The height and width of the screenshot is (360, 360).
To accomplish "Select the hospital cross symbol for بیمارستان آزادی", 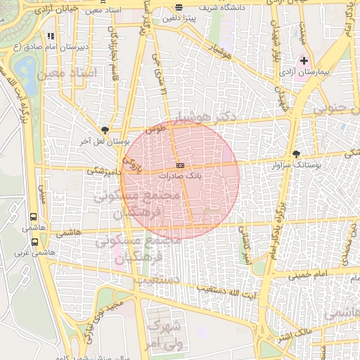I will [304, 61].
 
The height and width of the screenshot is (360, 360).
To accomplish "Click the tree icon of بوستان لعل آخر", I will [105, 129].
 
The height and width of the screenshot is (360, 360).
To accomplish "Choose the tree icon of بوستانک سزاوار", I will [296, 154].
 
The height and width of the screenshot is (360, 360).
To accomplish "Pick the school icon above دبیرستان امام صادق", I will [50, 36].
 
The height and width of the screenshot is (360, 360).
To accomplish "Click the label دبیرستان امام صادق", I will [44, 47].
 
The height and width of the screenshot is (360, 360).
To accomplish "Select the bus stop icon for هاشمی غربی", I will [34, 241].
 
